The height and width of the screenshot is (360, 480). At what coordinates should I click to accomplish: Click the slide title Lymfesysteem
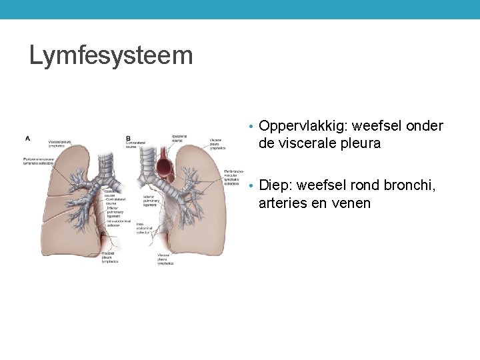pos(111,55)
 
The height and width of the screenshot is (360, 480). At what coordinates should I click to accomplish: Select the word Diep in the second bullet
pos(275,185)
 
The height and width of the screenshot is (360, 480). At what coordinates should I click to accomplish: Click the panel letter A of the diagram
pos(27,139)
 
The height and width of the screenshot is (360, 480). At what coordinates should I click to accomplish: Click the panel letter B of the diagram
pos(128,139)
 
